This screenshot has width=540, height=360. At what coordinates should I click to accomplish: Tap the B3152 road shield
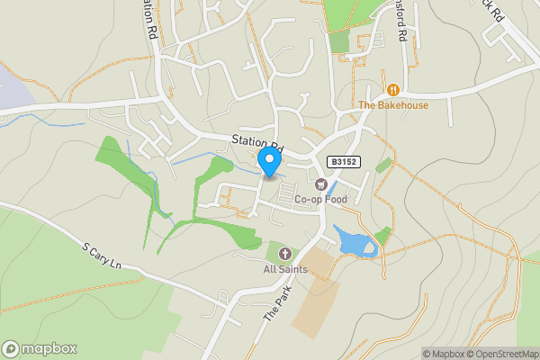340,161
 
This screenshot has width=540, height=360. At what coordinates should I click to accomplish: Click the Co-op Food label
320,200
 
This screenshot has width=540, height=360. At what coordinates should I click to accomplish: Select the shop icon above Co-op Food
320,184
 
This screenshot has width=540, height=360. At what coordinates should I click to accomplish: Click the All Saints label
285,269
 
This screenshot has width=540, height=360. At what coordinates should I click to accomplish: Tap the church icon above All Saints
285,254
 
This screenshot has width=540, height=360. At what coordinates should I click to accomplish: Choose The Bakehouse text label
393,105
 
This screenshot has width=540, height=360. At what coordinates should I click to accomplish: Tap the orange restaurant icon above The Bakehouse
393,89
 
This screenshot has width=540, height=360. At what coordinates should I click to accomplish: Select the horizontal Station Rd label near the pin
256,141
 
